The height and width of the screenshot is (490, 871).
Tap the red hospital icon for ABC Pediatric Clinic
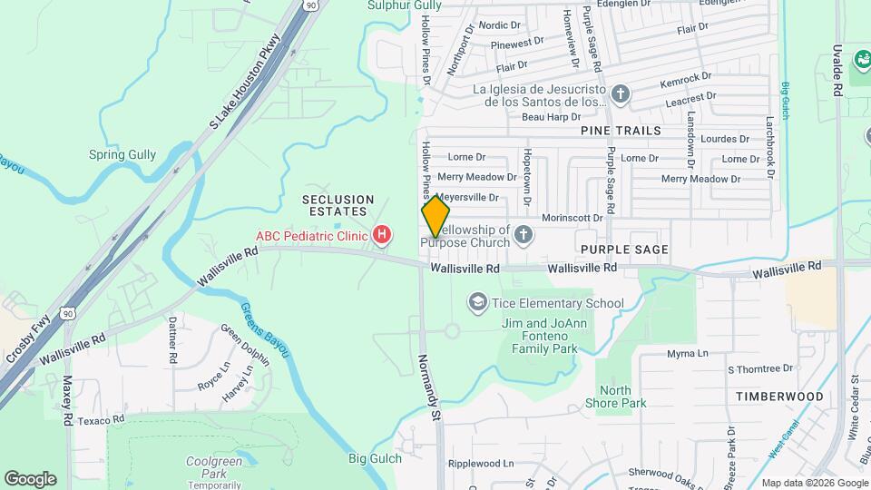click(383, 236)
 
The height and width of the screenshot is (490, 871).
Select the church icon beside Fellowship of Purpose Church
click(523, 236)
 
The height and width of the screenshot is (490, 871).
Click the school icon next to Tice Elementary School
click(477, 302)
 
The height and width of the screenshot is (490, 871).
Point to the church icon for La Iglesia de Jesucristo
click(621, 94)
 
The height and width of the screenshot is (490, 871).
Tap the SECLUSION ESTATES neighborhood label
click(338, 205)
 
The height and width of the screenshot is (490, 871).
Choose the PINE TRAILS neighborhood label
click(621, 131)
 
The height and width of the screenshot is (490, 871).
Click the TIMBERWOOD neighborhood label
click(779, 397)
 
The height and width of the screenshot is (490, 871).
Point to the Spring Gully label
click(123, 154)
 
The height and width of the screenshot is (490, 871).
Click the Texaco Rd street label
click(99, 420)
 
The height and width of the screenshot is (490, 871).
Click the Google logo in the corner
click(30, 479)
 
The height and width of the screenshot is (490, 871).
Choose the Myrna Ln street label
click(686, 353)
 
